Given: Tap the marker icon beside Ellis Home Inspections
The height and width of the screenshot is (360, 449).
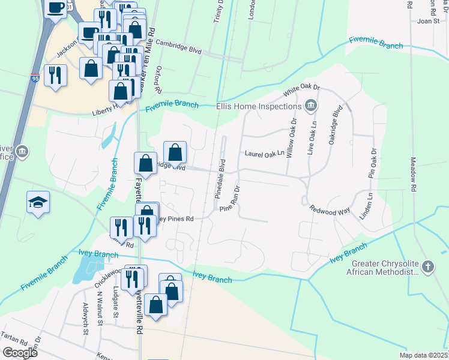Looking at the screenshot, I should coord(310,106).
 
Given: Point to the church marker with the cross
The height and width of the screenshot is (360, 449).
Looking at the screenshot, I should coord(427,265).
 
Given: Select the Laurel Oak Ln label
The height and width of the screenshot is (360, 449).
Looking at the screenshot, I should coord(264,154).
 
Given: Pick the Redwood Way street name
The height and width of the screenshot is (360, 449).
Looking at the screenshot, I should coord(330,210).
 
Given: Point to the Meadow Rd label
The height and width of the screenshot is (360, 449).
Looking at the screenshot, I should coord(413,175).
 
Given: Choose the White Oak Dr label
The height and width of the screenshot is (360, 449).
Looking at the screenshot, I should coord(298,92).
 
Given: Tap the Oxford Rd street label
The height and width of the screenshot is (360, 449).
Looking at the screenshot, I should coord(160,79).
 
